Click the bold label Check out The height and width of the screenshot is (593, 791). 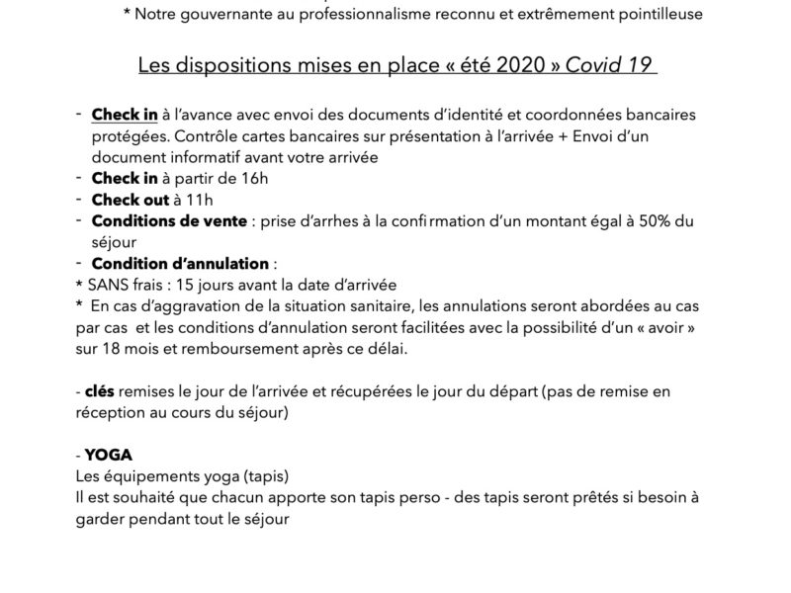pos(130,200)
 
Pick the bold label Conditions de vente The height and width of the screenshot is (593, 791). pos(169,221)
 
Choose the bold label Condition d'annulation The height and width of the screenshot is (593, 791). pos(180,264)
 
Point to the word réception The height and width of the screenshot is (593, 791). pos(111,413)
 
